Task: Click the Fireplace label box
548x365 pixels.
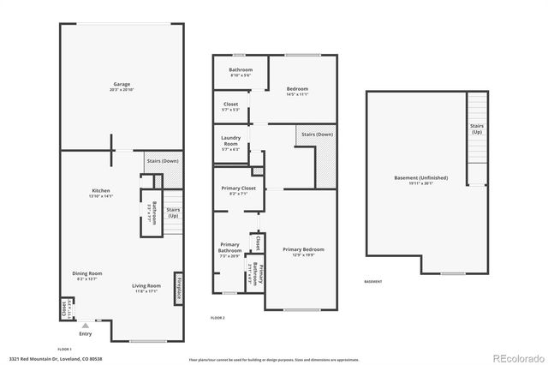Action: (x=179, y=286)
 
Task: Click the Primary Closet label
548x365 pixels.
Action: (x=232, y=190)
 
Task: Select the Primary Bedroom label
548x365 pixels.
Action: (x=299, y=252)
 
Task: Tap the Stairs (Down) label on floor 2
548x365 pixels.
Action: (x=317, y=135)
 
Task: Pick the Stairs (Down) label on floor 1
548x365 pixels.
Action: (x=162, y=161)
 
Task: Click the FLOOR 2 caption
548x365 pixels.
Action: (x=218, y=318)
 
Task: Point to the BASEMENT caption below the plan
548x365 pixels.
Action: (x=373, y=281)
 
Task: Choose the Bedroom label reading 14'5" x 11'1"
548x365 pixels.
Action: (x=297, y=92)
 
